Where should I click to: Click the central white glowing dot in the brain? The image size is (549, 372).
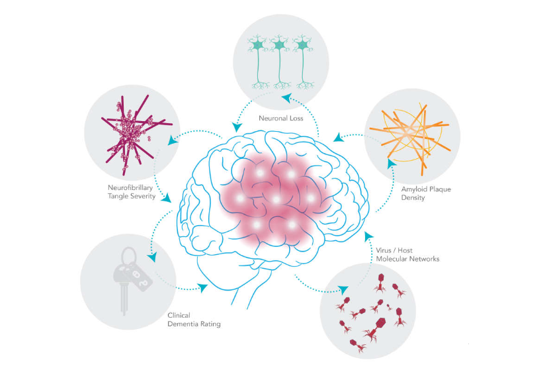(275, 199)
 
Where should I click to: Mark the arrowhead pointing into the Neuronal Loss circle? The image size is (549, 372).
(286, 97)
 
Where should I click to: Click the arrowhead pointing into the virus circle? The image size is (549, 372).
(343, 289)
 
